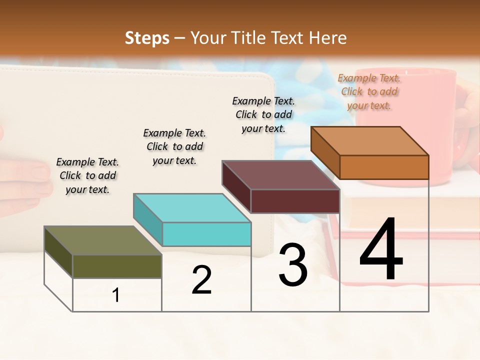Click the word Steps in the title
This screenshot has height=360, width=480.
pyautogui.click(x=147, y=38)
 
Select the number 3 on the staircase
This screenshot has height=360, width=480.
pyautogui.click(x=293, y=265)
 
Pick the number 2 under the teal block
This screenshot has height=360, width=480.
pyautogui.click(x=201, y=280)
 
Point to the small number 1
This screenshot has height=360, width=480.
pyautogui.click(x=116, y=295)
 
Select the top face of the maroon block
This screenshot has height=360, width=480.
pyautogui.click(x=280, y=175)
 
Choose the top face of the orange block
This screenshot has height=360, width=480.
pyautogui.click(x=369, y=141)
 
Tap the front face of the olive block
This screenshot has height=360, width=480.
pyautogui.click(x=117, y=266)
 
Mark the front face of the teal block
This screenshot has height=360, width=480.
pyautogui.click(x=206, y=234)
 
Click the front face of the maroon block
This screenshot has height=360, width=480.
pyautogui.click(x=295, y=201)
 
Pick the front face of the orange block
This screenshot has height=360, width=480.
pyautogui.click(x=384, y=167)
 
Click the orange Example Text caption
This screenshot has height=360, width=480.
pyautogui.click(x=369, y=91)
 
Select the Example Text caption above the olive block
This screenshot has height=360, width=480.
pyautogui.click(x=87, y=175)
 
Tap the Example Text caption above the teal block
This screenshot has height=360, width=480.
pyautogui.click(x=174, y=146)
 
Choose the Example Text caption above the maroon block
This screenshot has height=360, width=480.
pyautogui.click(x=263, y=114)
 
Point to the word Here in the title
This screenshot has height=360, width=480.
pyautogui.click(x=329, y=38)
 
